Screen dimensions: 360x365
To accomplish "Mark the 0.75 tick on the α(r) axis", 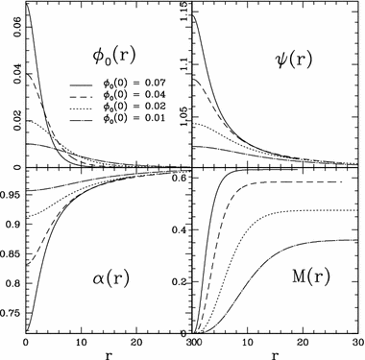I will (9, 309).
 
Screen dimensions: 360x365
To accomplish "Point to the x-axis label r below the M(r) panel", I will (278, 352).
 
